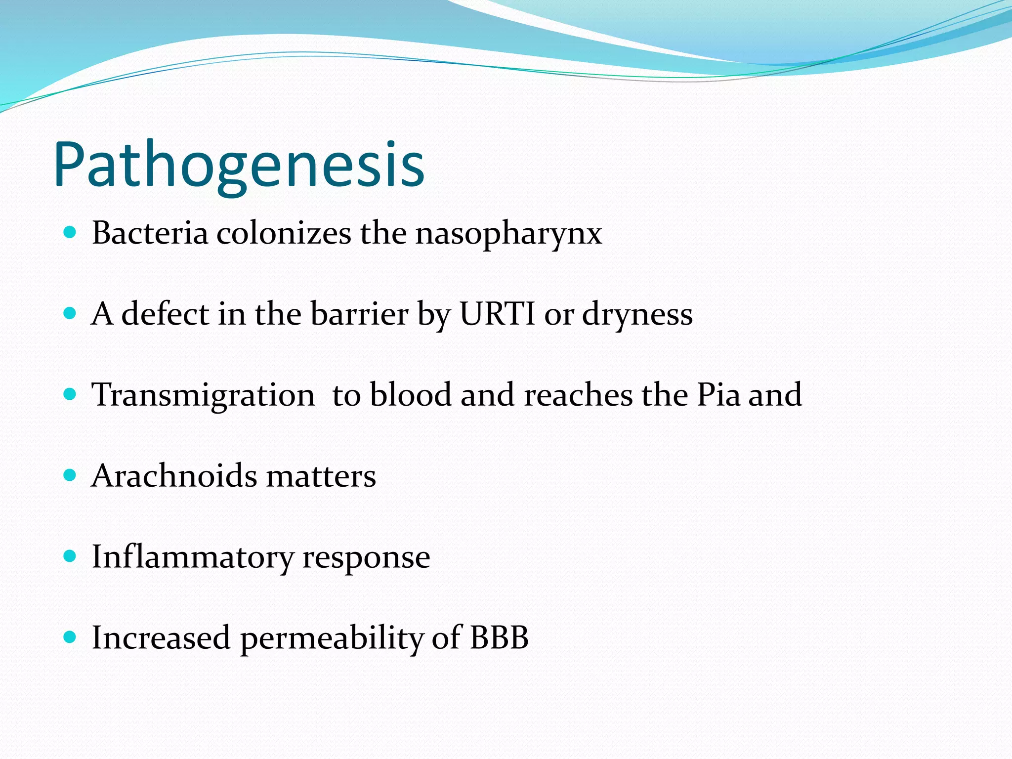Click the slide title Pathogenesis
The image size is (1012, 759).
click(x=239, y=166)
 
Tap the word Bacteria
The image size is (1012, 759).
click(x=150, y=233)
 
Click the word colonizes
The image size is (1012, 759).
click(x=284, y=233)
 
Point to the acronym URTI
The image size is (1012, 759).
click(x=497, y=314)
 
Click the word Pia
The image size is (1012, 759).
click(x=718, y=395)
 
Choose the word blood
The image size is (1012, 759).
click(x=411, y=395)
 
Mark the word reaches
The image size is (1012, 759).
click(x=578, y=395)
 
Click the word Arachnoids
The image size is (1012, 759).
click(x=174, y=476)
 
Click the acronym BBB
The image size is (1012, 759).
click(x=499, y=637)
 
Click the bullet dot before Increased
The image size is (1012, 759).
click(x=70, y=637)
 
